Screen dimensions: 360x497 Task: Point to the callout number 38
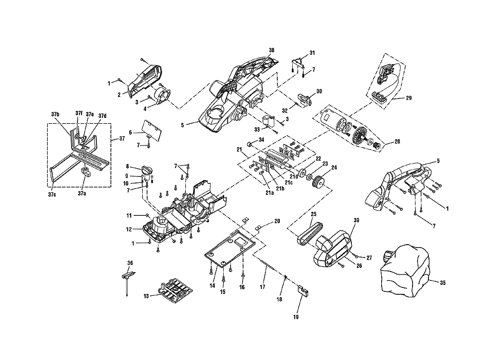(x=272, y=50)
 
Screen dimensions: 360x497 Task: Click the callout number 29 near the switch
(x=409, y=98)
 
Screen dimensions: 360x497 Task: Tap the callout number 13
(x=146, y=296)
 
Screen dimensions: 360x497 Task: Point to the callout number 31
(x=312, y=53)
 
